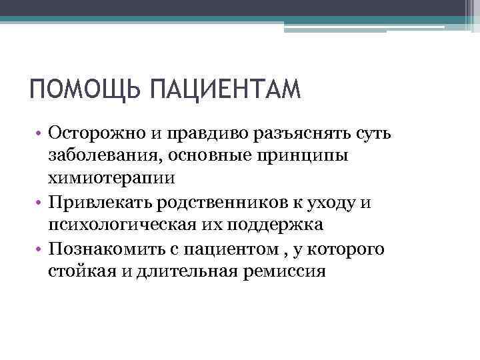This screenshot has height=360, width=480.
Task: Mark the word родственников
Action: pos(229,202)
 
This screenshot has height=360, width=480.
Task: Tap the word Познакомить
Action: pos(105,249)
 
